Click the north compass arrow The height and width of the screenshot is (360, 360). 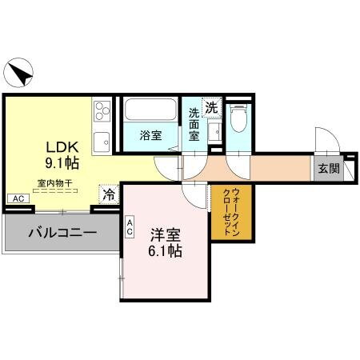[21, 74]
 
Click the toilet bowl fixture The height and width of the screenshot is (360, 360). [237, 118]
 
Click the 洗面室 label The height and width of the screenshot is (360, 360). [194, 125]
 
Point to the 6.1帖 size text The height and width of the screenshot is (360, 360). [166, 251]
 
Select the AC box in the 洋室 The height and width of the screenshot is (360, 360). [130, 228]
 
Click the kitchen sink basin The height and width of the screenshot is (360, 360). [102, 143]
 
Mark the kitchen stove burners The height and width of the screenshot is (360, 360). [102, 111]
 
